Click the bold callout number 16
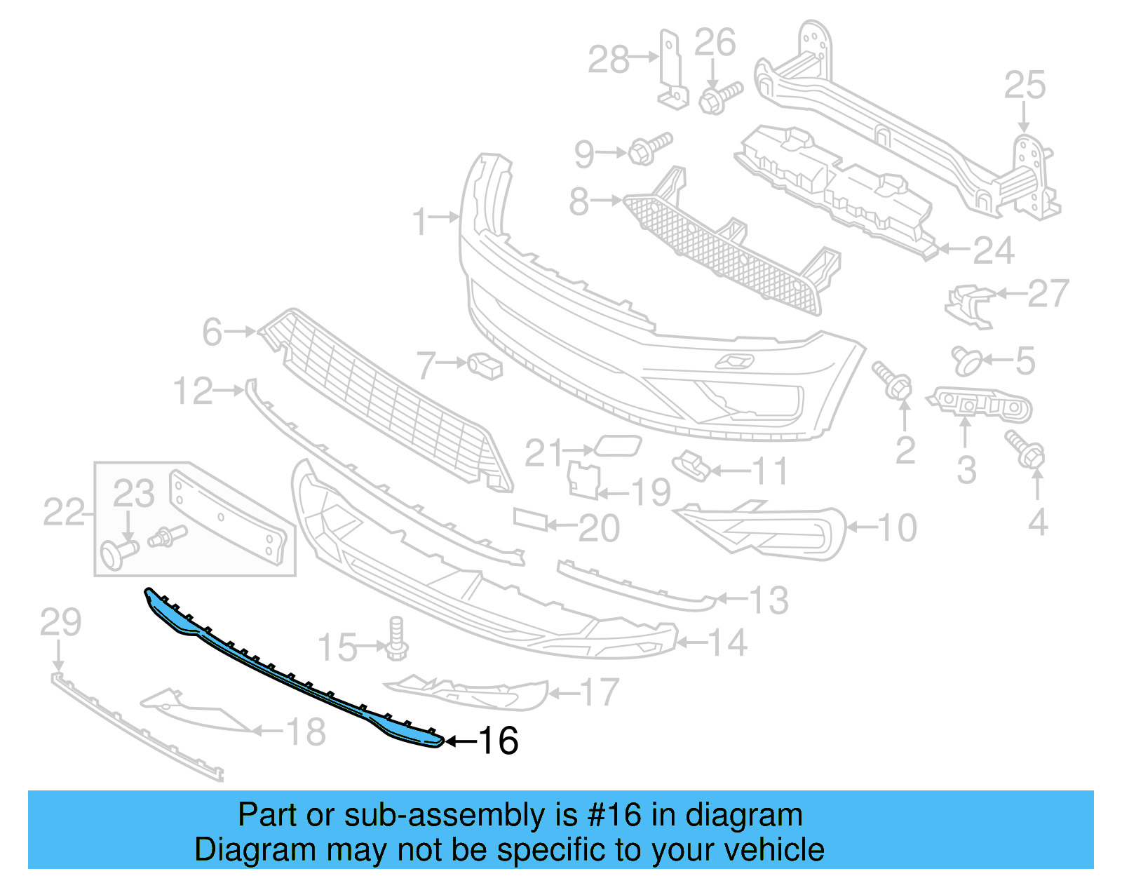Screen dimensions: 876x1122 pyautogui.click(x=498, y=741)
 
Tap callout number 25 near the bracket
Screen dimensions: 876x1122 pyautogui.click(x=1025, y=86)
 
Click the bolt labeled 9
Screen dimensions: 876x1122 pyautogui.click(x=649, y=149)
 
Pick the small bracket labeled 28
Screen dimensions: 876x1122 pyautogui.click(x=671, y=70)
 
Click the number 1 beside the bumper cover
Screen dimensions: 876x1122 pyautogui.click(x=419, y=222)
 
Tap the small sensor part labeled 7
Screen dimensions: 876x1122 pyautogui.click(x=485, y=365)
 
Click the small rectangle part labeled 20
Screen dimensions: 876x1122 pyautogui.click(x=530, y=519)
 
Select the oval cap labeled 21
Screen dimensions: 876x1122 pyautogui.click(x=617, y=446)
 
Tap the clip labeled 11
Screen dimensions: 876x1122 pyautogui.click(x=691, y=465)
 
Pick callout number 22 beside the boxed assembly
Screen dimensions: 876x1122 pyautogui.click(x=63, y=512)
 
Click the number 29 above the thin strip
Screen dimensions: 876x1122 pyautogui.click(x=60, y=623)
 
